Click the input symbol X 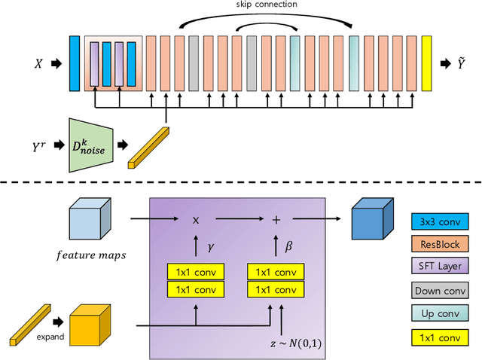tap(38, 64)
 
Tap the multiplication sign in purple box tap(196, 219)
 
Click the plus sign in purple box tap(276, 219)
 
